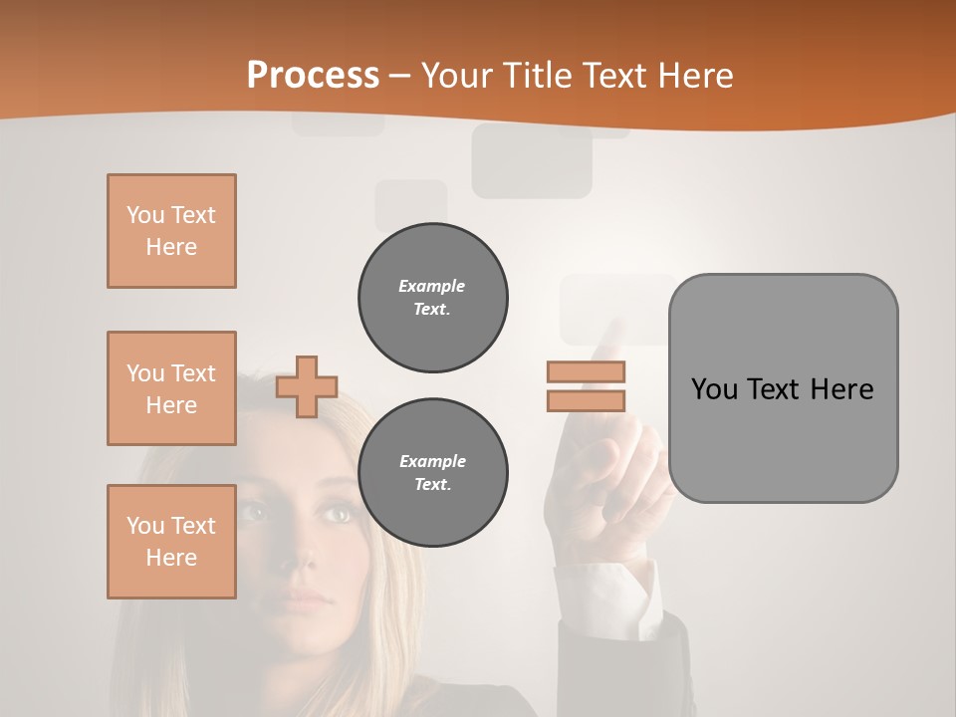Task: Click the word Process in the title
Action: [313, 76]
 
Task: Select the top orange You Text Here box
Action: [171, 231]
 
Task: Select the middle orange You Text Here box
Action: [171, 388]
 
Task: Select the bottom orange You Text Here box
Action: [171, 542]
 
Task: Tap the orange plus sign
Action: [307, 386]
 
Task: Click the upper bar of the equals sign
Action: [586, 372]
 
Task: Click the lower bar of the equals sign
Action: [586, 400]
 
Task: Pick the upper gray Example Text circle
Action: [433, 298]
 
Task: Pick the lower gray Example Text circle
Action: [433, 473]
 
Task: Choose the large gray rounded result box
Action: [783, 388]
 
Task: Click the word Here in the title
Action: [696, 76]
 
